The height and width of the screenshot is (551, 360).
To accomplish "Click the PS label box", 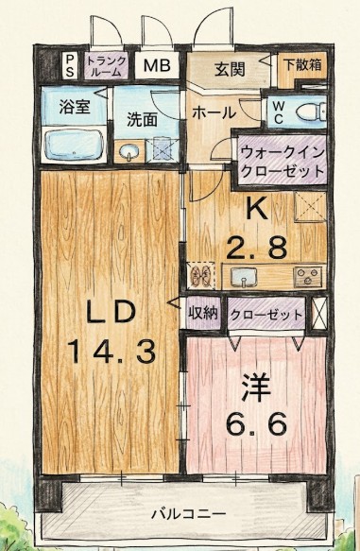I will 69,65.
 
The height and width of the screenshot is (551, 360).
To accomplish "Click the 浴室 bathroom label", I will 76,107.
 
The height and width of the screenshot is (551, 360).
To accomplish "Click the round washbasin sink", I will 129,150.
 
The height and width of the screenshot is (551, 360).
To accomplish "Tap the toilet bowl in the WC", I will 309,112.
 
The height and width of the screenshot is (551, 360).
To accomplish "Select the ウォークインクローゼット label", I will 283,158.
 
